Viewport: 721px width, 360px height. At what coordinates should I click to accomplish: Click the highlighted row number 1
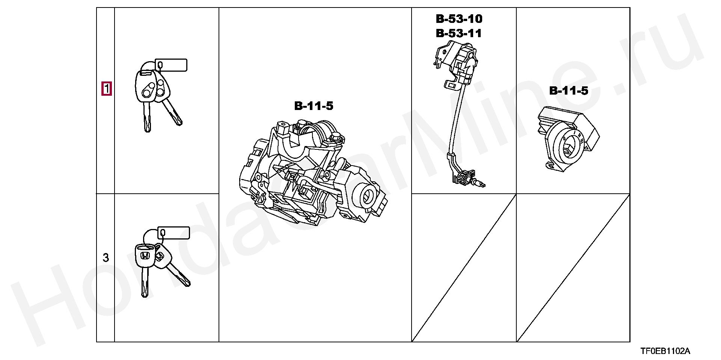click(107, 89)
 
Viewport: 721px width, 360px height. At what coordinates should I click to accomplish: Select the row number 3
click(106, 258)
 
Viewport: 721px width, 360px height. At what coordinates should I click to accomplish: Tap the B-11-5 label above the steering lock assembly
click(314, 106)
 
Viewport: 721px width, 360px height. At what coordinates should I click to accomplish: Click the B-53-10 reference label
click(459, 19)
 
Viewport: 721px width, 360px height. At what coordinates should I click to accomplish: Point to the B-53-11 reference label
click(459, 33)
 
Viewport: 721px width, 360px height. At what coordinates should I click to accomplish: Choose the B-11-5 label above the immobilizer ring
click(569, 90)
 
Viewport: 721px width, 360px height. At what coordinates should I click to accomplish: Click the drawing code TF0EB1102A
click(665, 351)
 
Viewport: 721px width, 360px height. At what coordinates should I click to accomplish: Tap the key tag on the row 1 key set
click(171, 65)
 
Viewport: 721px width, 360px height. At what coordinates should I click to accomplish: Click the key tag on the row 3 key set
click(174, 233)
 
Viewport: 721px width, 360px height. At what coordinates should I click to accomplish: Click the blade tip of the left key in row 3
click(145, 294)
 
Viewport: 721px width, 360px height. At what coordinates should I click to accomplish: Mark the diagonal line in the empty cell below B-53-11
click(464, 268)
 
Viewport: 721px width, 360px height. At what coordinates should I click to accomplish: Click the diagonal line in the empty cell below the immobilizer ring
click(573, 268)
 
